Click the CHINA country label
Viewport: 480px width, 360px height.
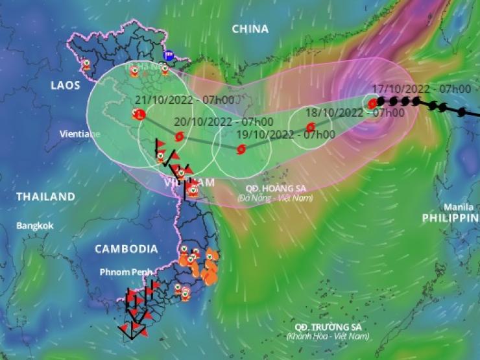[x=250, y=29]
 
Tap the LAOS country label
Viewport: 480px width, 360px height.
[x=66, y=85]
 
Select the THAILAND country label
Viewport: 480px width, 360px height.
[x=45, y=196]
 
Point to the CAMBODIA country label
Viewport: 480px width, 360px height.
[x=126, y=248]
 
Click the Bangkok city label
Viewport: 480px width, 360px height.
[x=35, y=226]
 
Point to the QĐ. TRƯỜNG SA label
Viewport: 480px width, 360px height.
[x=327, y=326]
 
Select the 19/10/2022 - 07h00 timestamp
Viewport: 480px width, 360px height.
[x=285, y=134]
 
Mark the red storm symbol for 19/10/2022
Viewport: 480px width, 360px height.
[x=241, y=150]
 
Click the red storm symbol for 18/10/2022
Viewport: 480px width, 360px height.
[x=310, y=127]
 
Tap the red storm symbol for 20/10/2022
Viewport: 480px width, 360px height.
[x=180, y=136]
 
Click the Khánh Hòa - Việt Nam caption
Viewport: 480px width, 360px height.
[x=328, y=336]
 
